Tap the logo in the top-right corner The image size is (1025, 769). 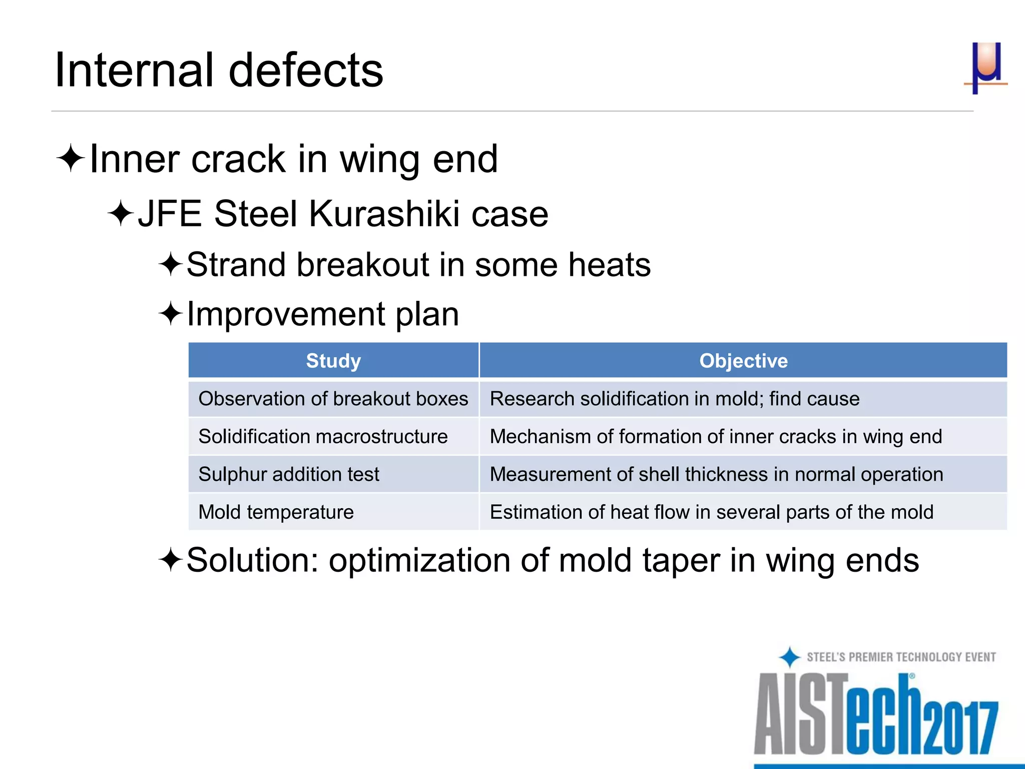click(x=985, y=68)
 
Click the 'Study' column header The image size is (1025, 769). click(x=333, y=360)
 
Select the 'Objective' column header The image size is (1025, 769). click(x=743, y=360)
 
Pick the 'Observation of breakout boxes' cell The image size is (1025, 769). click(x=333, y=399)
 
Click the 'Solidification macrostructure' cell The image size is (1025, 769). click(x=323, y=437)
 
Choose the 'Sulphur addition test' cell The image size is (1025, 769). click(x=289, y=474)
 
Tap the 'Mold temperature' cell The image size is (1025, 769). click(x=276, y=512)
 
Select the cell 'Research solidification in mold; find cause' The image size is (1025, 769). click(x=674, y=399)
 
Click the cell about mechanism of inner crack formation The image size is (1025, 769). click(x=716, y=437)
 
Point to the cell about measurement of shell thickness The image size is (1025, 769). click(x=716, y=474)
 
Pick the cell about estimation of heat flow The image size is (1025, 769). click(x=711, y=512)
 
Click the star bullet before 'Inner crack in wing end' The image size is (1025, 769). click(x=71, y=159)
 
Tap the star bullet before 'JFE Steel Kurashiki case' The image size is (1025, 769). click(x=121, y=213)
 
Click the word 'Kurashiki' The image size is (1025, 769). click(x=384, y=214)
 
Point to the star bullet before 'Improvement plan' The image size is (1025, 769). click(x=171, y=314)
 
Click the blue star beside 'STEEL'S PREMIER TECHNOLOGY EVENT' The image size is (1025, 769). click(x=790, y=657)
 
